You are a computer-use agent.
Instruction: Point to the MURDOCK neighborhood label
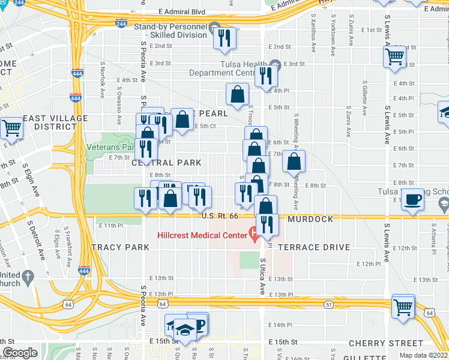point(310,219)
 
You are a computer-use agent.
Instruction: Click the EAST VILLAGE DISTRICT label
point(55,122)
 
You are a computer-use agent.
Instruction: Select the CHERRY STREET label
point(378,343)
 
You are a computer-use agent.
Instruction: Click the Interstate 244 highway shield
point(121,23)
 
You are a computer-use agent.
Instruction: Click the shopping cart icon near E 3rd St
point(394,57)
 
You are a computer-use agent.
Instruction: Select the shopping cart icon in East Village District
point(11,127)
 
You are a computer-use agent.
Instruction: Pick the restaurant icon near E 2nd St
point(224,38)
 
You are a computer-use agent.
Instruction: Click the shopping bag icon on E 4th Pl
point(237,93)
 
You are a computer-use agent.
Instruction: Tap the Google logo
point(20,353)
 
